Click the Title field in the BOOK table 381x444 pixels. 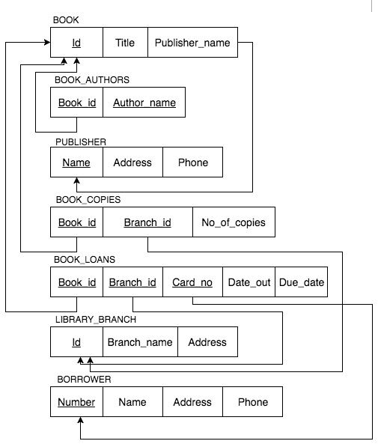pyautogui.click(x=125, y=43)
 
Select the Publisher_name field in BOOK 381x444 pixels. pyautogui.click(x=192, y=43)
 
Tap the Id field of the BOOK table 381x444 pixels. pyautogui.click(x=76, y=43)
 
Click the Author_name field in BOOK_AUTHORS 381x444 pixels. pyautogui.click(x=144, y=103)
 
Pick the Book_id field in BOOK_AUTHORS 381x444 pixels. pyautogui.click(x=76, y=103)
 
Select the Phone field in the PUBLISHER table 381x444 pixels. pyautogui.click(x=192, y=162)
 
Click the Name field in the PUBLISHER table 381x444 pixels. pyautogui.click(x=76, y=162)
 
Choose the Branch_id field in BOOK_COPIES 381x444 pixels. pyautogui.click(x=147, y=222)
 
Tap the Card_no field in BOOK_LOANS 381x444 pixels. pyautogui.click(x=192, y=282)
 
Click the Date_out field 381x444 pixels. pyautogui.click(x=249, y=282)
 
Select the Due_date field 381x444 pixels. pyautogui.click(x=301, y=282)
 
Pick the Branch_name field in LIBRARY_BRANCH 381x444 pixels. pyautogui.click(x=140, y=342)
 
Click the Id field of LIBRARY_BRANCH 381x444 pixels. pyautogui.click(x=76, y=342)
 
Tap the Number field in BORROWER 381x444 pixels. pyautogui.click(x=76, y=402)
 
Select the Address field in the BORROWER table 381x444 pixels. pyautogui.click(x=192, y=402)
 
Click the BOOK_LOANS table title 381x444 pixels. pyautogui.click(x=85, y=260)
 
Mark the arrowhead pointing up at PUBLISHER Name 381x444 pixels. pyautogui.click(x=76, y=182)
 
